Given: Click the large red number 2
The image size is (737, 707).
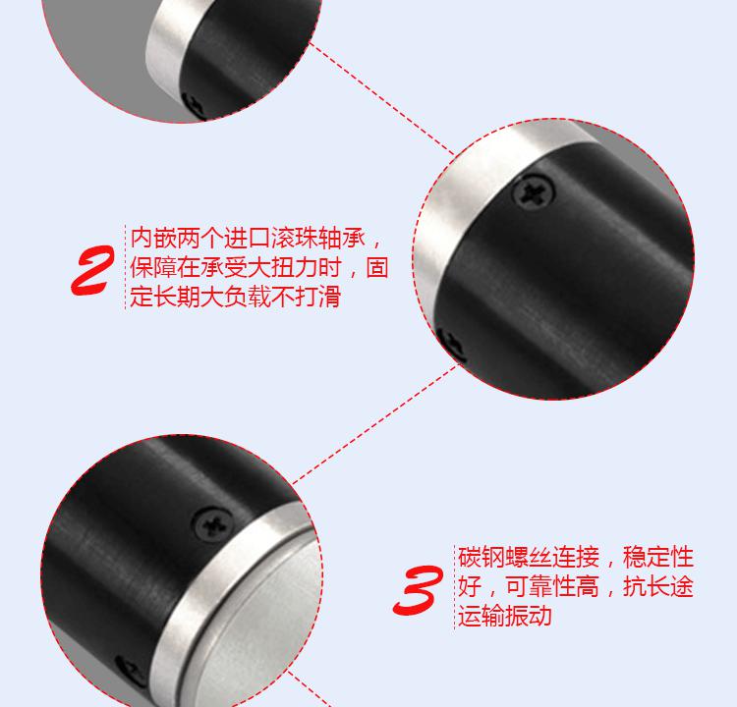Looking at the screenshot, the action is pyautogui.click(x=92, y=271).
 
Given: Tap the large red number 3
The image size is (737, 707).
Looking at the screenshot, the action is pyautogui.click(x=418, y=590).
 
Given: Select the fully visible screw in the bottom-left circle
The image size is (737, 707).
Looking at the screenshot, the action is pyautogui.click(x=213, y=523).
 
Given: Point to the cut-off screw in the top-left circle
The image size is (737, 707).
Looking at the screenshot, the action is pyautogui.click(x=194, y=105).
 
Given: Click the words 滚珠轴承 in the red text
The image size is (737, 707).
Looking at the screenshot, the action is pyautogui.click(x=318, y=239).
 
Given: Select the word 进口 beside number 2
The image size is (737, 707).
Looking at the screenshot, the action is pyautogui.click(x=247, y=239).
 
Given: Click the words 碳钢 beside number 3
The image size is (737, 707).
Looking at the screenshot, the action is pyautogui.click(x=482, y=557).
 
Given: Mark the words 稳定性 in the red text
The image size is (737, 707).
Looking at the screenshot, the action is pyautogui.click(x=658, y=557).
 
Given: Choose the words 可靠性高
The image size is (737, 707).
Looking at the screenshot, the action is pyautogui.click(x=552, y=586).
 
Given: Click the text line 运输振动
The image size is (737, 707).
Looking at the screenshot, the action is pyautogui.click(x=505, y=616).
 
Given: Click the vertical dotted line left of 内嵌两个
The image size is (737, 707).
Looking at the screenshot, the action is pyautogui.click(x=125, y=267).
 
